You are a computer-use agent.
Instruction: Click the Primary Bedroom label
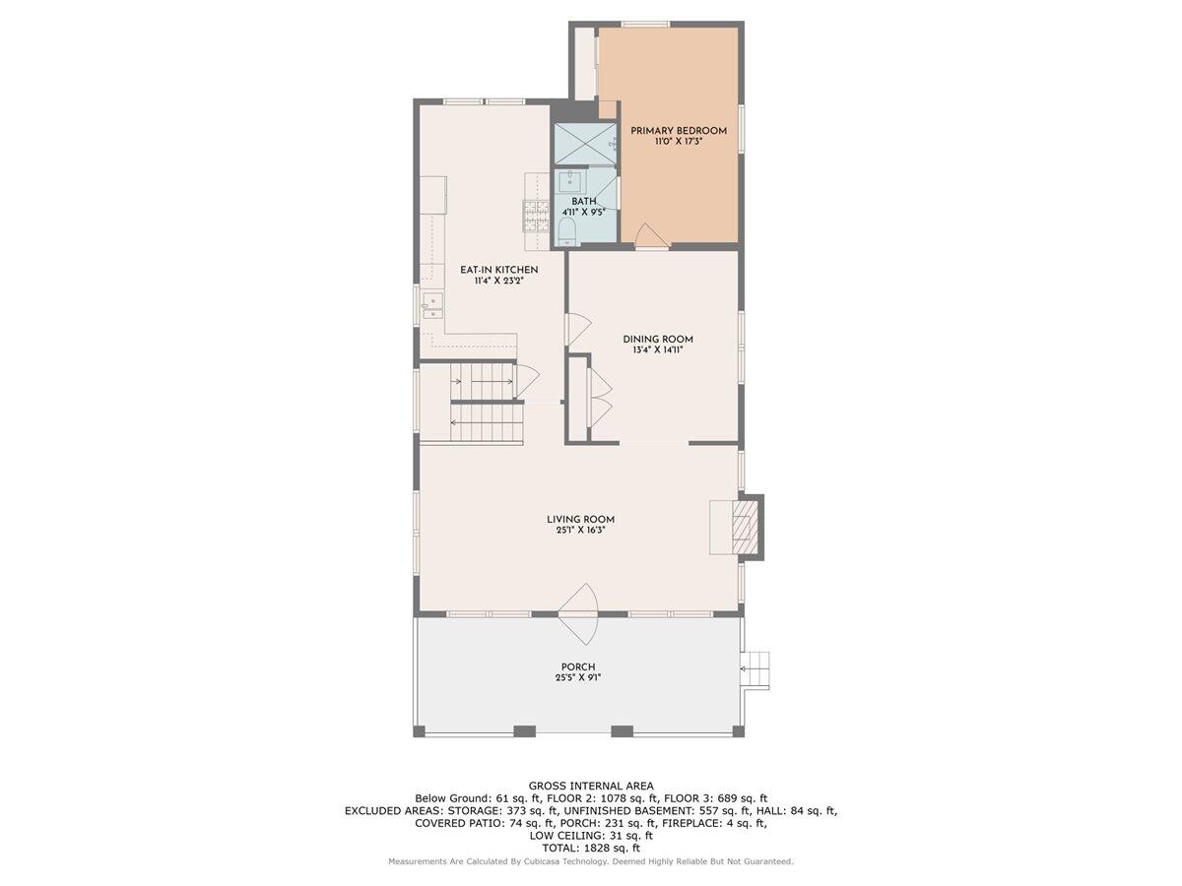click(679, 131)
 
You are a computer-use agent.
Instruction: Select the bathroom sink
click(570, 181)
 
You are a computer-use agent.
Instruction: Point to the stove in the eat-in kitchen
click(535, 214)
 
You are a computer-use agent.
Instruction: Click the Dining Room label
click(657, 340)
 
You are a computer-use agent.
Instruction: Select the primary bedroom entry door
click(650, 238)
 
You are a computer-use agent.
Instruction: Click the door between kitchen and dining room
click(577, 329)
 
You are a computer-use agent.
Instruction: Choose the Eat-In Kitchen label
click(498, 270)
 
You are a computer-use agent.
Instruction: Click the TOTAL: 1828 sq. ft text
click(590, 848)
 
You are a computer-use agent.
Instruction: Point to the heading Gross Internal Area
click(590, 786)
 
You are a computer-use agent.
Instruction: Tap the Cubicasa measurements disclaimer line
click(590, 861)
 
